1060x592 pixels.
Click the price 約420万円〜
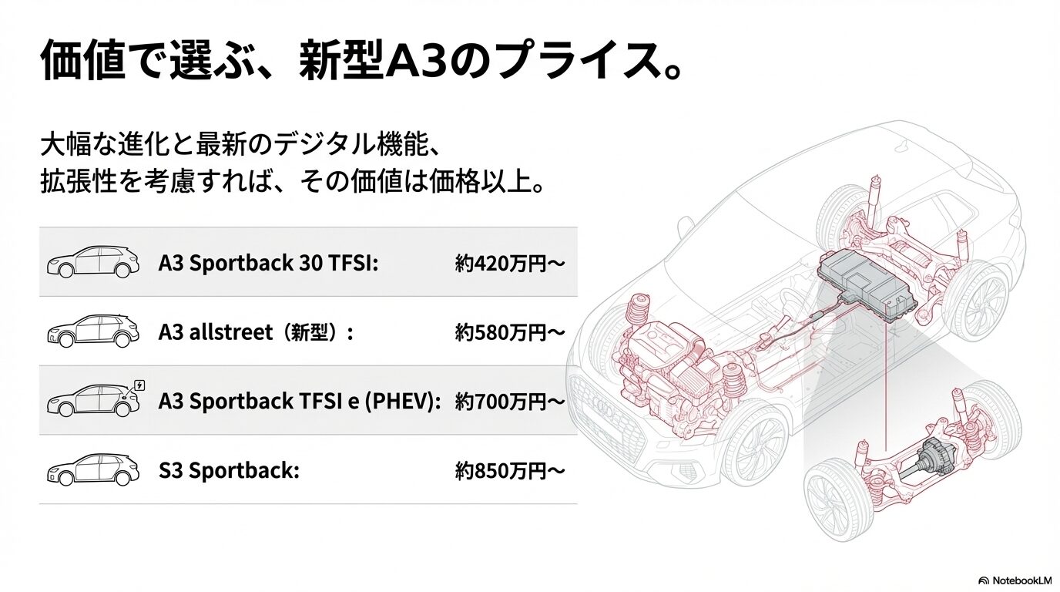pos(510,264)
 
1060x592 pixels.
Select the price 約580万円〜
pos(510,332)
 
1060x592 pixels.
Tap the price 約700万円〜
pos(510,401)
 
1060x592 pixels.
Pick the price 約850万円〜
pos(510,470)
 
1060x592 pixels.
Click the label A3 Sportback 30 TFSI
pos(268,264)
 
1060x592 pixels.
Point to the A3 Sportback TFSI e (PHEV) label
pos(300,401)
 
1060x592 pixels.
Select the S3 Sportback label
pos(228,470)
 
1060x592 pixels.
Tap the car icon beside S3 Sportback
pos(92,469)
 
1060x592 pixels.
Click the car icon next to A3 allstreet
pos(92,331)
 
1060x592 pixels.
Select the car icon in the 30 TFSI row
pos(92,263)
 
